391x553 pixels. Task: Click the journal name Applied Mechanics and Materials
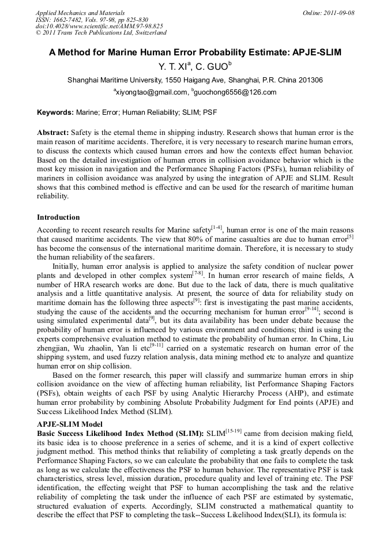(80, 13)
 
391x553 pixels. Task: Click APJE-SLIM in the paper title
(312, 52)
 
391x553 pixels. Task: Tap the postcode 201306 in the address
(309, 80)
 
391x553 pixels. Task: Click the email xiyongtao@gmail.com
(152, 92)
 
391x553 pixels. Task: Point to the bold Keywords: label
(55, 112)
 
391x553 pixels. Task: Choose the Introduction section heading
(58, 217)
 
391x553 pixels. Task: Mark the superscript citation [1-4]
(217, 227)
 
